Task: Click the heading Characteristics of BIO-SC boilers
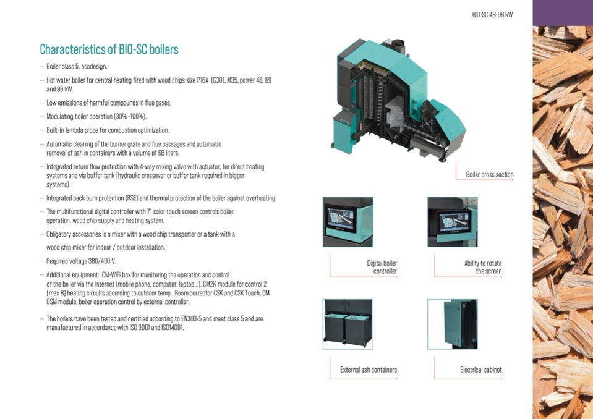109,49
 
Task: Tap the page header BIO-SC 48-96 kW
492,15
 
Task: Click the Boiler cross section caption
489,174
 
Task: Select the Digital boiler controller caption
382,267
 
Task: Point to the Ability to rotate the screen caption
483,267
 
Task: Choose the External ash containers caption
369,370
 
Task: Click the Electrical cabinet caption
480,370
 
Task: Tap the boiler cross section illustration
398,100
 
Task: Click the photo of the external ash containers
348,324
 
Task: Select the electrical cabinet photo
452,324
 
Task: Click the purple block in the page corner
563,13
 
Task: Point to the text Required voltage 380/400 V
81,261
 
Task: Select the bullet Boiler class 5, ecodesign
77,67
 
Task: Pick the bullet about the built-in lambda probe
108,130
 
